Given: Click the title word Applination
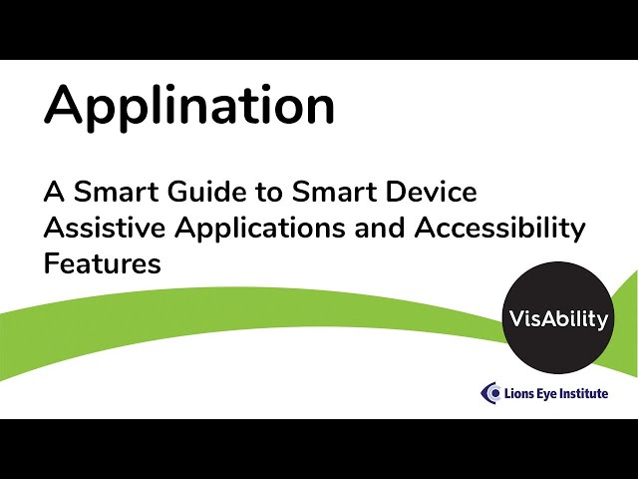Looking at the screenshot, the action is (189, 107).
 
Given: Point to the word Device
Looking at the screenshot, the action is (432, 192).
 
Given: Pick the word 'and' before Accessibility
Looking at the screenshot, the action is (379, 228).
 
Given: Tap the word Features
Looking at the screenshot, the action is (103, 263).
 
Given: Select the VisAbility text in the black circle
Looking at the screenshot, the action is (558, 319).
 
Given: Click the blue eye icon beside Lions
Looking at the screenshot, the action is (490, 393).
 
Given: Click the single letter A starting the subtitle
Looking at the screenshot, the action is (54, 192).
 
